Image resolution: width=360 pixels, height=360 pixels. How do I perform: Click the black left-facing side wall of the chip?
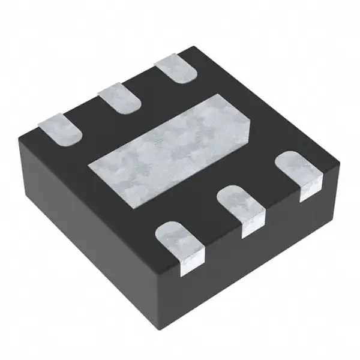(90, 228)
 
